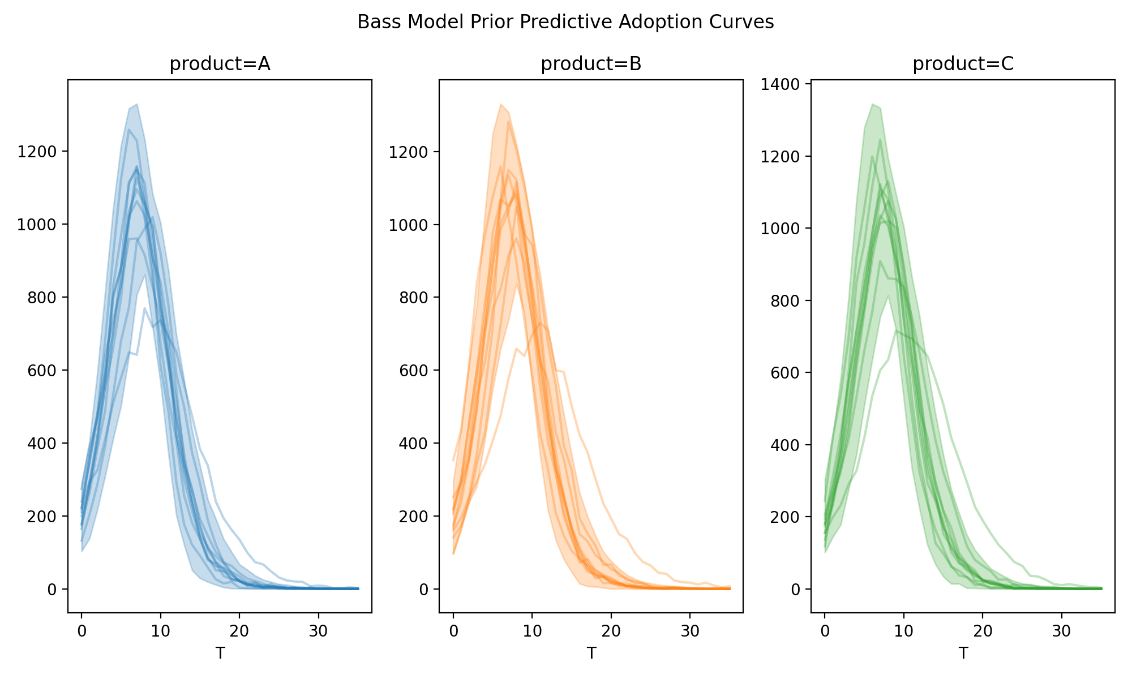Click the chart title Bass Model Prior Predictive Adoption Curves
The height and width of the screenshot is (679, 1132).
(x=565, y=22)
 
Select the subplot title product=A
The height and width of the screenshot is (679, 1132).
(x=220, y=65)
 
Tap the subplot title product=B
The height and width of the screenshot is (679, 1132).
(x=591, y=65)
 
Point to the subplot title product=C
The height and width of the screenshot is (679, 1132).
(x=963, y=65)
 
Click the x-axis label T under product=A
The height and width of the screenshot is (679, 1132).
(x=220, y=654)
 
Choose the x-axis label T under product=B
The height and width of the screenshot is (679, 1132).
(x=591, y=654)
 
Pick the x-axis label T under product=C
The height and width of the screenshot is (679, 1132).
(x=963, y=654)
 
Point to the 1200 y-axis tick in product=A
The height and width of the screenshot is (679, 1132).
(x=43, y=152)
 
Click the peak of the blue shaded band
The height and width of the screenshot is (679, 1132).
(x=137, y=105)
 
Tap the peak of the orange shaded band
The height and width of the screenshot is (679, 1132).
(x=501, y=105)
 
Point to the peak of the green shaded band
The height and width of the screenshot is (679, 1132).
(x=872, y=105)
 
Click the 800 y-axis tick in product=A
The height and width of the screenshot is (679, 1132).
(x=46, y=298)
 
